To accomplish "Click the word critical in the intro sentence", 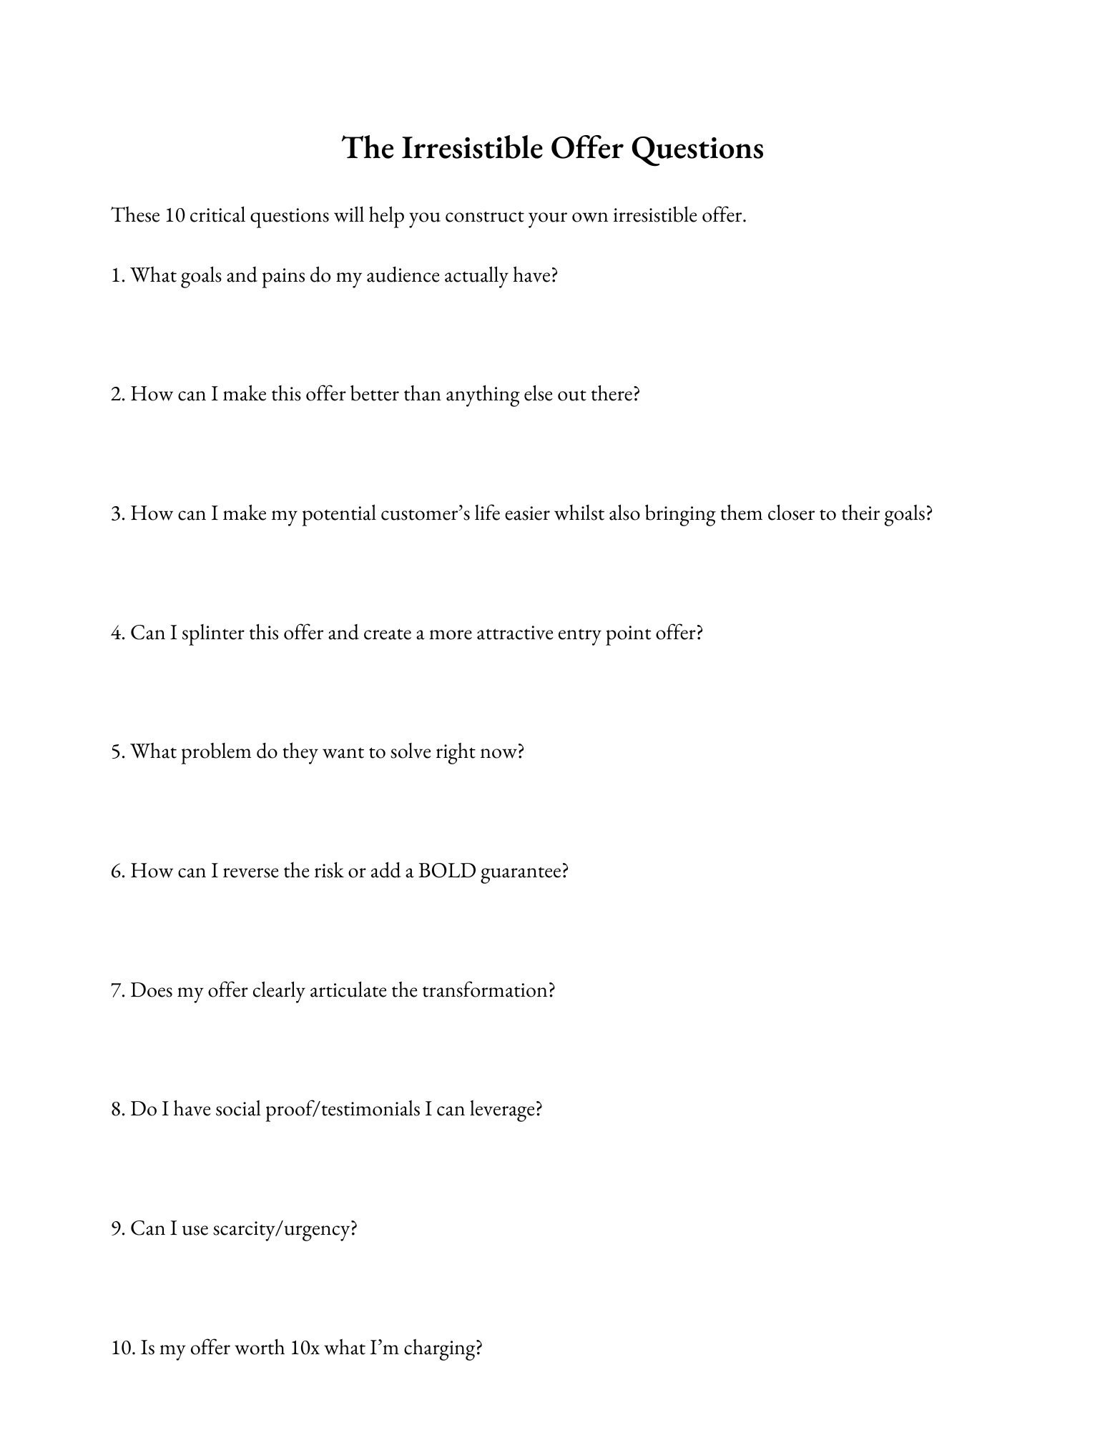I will click(x=217, y=215).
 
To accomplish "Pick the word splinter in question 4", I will click(x=213, y=633).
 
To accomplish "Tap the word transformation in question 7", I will click(x=488, y=990).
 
